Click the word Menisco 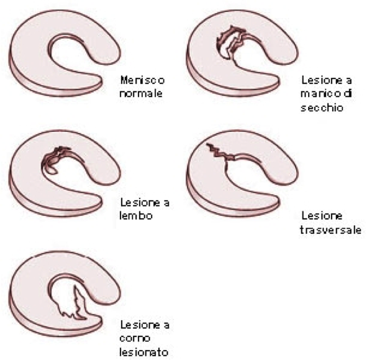[x=142, y=80]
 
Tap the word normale [x=141, y=93]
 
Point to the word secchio [x=322, y=108]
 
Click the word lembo [x=136, y=216]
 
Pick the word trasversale [x=330, y=229]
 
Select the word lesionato [x=143, y=352]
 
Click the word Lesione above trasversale [x=322, y=216]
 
